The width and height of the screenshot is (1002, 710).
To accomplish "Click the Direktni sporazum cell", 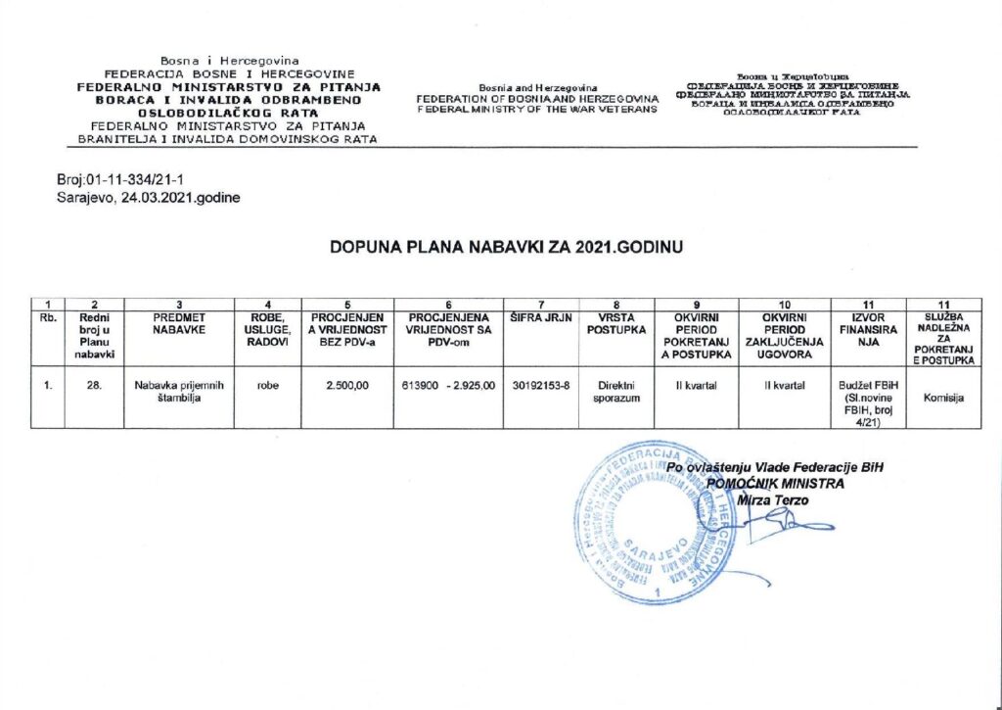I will pyautogui.click(x=615, y=393).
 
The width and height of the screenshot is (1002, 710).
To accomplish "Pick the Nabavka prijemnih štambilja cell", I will pyautogui.click(x=179, y=393).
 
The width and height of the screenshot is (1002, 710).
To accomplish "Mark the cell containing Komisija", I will pyautogui.click(x=942, y=399).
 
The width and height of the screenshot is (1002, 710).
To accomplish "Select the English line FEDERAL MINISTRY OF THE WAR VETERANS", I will pyautogui.click(x=537, y=108).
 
